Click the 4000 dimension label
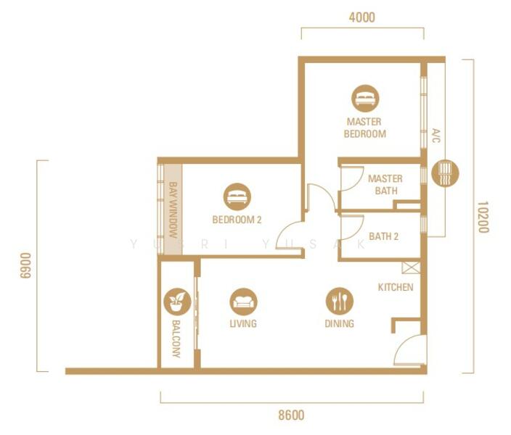pyautogui.click(x=361, y=17)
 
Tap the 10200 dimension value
pyautogui.click(x=483, y=217)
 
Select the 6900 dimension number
pyautogui.click(x=25, y=265)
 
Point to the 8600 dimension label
pyautogui.click(x=291, y=415)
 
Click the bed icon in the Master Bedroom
pyautogui.click(x=365, y=99)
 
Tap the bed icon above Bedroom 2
pyautogui.click(x=237, y=196)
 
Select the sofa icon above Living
pyautogui.click(x=243, y=302)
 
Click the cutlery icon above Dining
pyautogui.click(x=339, y=301)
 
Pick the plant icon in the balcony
pyautogui.click(x=177, y=302)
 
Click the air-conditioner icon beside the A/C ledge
pyautogui.click(x=445, y=173)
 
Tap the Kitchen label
pyautogui.click(x=396, y=287)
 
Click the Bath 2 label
pyautogui.click(x=383, y=236)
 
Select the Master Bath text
pyautogui.click(x=385, y=185)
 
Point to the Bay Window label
pyautogui.click(x=173, y=210)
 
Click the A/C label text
pyautogui.click(x=436, y=136)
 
